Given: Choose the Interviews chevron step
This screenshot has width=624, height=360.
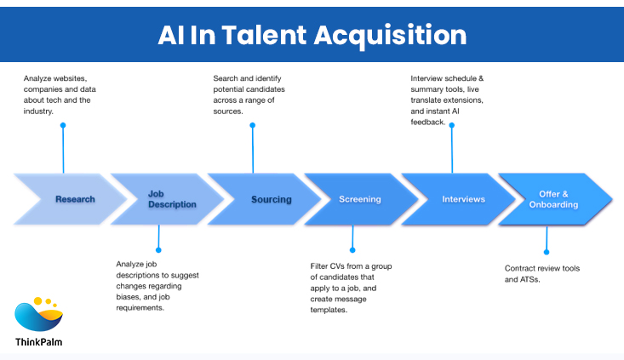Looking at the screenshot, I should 463,199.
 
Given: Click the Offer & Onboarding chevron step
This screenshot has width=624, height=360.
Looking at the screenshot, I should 558,199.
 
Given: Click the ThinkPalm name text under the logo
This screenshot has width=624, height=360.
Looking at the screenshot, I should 38,342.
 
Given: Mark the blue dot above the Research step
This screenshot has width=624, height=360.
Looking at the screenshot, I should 63,125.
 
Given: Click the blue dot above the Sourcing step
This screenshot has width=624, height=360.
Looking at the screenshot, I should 253,125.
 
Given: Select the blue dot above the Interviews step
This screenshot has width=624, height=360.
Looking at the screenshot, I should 452,125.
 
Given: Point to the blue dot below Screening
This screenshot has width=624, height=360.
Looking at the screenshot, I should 350,249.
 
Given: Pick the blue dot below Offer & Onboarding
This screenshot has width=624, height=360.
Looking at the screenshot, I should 546,251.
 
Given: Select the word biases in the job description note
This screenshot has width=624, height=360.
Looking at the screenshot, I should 129,297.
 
